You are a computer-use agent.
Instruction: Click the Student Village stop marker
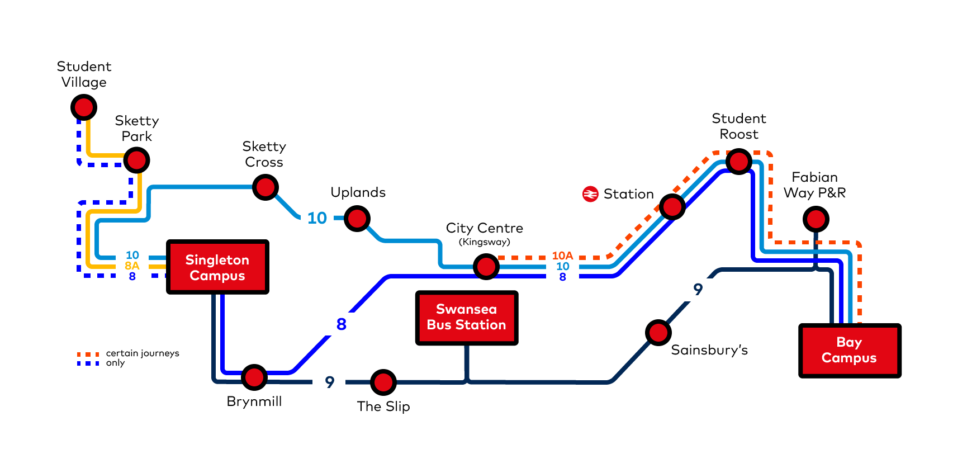coord(84,107)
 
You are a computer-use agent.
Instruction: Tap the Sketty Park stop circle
coord(136,160)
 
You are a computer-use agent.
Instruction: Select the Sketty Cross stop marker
coord(266,187)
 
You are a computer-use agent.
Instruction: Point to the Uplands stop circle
coord(357,218)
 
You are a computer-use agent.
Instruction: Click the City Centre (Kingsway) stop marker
coord(486,267)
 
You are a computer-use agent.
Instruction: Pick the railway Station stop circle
coord(672,207)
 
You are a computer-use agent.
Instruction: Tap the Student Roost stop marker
coord(739,162)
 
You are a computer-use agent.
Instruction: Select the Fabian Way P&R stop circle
coord(816,219)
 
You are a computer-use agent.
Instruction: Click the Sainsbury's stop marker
coord(658,333)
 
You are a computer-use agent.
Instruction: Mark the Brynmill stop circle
coord(254,378)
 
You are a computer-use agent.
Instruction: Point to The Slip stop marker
coord(383,382)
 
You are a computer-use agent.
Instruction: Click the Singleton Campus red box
coord(217,267)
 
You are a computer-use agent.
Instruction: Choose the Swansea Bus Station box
coord(467,318)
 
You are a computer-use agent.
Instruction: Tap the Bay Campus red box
coord(850,351)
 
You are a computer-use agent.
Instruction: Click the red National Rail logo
coord(590,194)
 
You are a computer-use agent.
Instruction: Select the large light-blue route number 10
coord(317,218)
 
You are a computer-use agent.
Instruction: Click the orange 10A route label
coord(562,256)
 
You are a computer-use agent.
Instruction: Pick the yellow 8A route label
coord(132,266)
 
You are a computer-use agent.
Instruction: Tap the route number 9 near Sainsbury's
coord(698,289)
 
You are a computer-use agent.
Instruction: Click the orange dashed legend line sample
coord(88,354)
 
